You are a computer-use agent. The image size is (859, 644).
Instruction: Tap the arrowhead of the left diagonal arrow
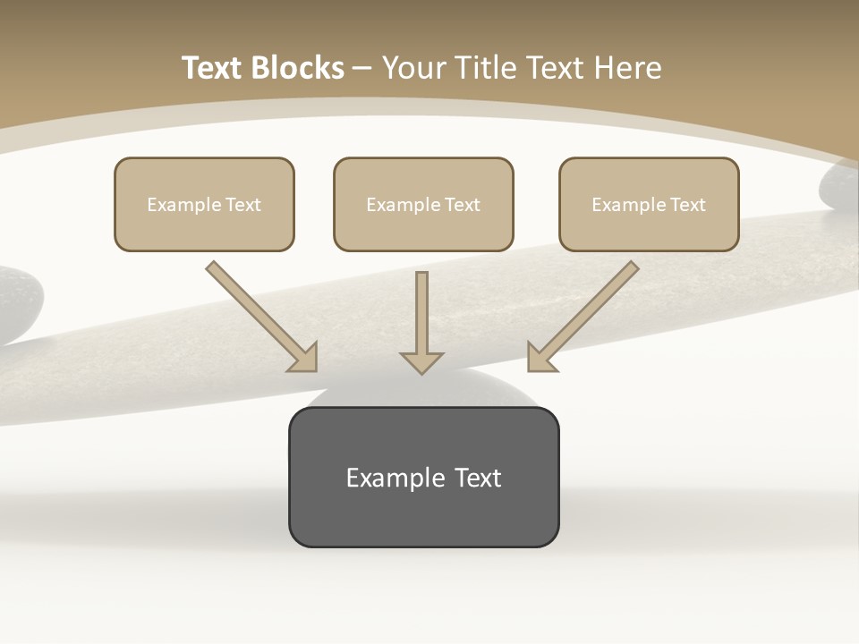click(x=304, y=357)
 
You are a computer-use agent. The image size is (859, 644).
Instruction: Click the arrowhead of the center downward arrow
click(x=421, y=361)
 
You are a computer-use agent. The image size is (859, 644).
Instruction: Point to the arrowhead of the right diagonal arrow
click(x=540, y=357)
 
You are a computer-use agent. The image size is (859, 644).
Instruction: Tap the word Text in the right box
click(x=688, y=205)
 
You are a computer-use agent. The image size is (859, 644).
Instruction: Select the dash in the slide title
click(x=362, y=68)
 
